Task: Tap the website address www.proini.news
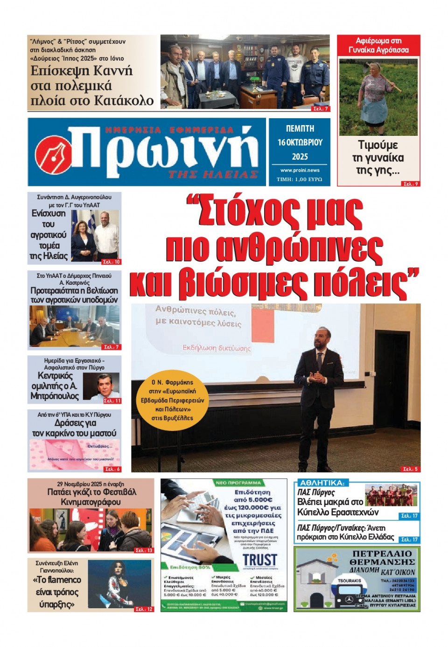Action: coord(300,170)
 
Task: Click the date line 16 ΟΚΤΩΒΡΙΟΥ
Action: coord(300,142)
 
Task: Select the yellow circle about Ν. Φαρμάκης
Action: coord(172,400)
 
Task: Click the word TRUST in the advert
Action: coord(259,560)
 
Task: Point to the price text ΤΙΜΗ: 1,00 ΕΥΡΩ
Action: coord(299,179)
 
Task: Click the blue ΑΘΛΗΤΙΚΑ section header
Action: coord(322,483)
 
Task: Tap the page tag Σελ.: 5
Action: coord(410,469)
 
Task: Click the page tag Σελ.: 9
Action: coord(410,184)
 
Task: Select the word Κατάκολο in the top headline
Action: coord(124,100)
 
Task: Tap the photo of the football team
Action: coord(391,495)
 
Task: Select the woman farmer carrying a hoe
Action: coord(378,96)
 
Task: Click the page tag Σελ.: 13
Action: coord(144,550)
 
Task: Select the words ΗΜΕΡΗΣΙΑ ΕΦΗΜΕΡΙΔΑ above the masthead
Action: coord(169,130)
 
